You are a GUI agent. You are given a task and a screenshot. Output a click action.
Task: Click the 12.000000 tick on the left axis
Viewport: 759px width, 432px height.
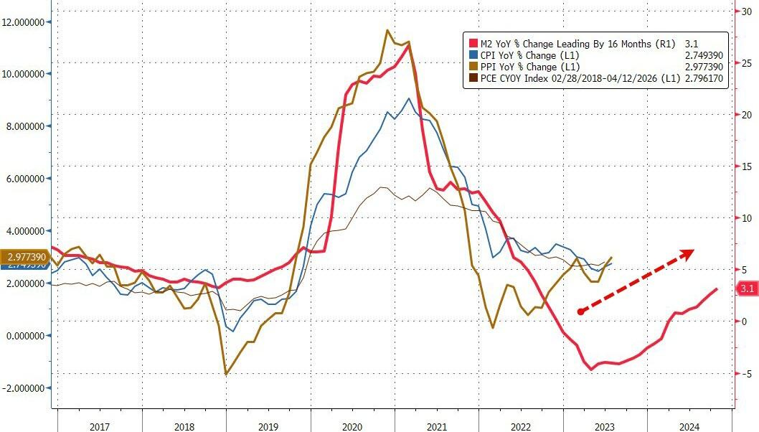(26, 22)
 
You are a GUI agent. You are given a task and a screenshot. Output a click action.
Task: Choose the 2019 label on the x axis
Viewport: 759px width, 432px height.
(269, 426)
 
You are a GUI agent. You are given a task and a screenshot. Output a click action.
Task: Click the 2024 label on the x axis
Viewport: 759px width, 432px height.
(689, 426)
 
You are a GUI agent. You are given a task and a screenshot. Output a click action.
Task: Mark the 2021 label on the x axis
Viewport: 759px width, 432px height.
(438, 426)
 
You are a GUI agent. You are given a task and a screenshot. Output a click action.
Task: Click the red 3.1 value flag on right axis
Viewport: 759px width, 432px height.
(747, 288)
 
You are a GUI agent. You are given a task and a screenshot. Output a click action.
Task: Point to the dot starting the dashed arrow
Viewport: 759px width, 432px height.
(580, 311)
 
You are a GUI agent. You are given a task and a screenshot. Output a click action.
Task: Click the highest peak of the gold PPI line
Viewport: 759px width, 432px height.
(387, 30)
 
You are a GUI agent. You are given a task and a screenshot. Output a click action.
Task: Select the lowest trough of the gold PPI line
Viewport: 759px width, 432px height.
(226, 374)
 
